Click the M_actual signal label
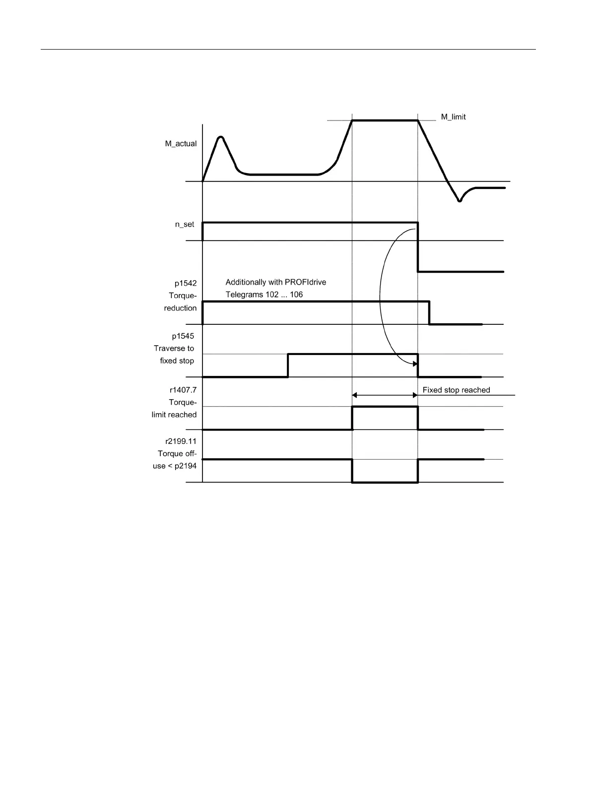[x=181, y=144]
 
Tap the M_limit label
[x=453, y=117]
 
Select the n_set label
[x=185, y=224]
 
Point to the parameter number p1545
[x=183, y=336]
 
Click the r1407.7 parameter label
[x=183, y=390]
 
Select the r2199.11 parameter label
[x=181, y=441]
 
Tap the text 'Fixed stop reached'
[x=456, y=390]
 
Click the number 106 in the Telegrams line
[x=296, y=295]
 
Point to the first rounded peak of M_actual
[x=221, y=137]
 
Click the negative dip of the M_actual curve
[x=460, y=200]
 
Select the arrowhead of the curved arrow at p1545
[x=415, y=364]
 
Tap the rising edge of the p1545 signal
[x=288, y=365]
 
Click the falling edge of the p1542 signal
[x=430, y=312]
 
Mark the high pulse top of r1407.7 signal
[x=385, y=407]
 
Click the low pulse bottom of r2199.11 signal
[x=385, y=482]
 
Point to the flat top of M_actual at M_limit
[x=385, y=120]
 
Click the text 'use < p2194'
[x=175, y=466]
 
